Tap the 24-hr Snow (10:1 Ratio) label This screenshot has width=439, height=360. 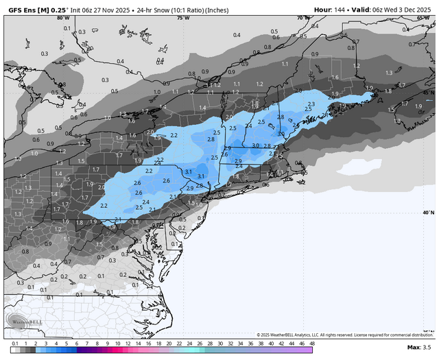tap(182, 10)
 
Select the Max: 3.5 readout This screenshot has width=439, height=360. tap(421, 348)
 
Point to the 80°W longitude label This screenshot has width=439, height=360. tap(63, 19)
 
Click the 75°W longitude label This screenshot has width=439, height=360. tap(182, 19)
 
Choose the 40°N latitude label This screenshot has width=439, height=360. tap(427, 213)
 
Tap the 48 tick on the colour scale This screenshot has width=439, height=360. tap(311, 343)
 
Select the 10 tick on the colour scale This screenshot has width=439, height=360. tap(117, 343)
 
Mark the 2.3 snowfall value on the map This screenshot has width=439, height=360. tap(312, 104)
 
